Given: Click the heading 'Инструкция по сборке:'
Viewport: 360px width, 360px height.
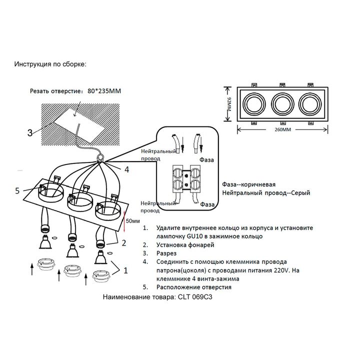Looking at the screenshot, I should (x=50, y=64).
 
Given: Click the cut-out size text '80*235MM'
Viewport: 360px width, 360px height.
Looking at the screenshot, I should (x=104, y=91).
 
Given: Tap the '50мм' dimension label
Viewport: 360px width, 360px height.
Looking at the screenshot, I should (x=133, y=220).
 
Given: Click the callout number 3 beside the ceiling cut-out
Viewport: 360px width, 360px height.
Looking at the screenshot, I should (x=30, y=132).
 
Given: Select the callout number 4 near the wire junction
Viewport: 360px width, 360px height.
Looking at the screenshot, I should (x=126, y=169).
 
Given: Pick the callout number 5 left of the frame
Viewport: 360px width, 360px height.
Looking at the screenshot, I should (x=17, y=190).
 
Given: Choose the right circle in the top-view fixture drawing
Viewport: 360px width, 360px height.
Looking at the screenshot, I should (x=310, y=104).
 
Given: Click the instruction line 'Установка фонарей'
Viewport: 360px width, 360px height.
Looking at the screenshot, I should (x=185, y=245).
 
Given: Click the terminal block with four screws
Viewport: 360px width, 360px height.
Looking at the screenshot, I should (x=186, y=179).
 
